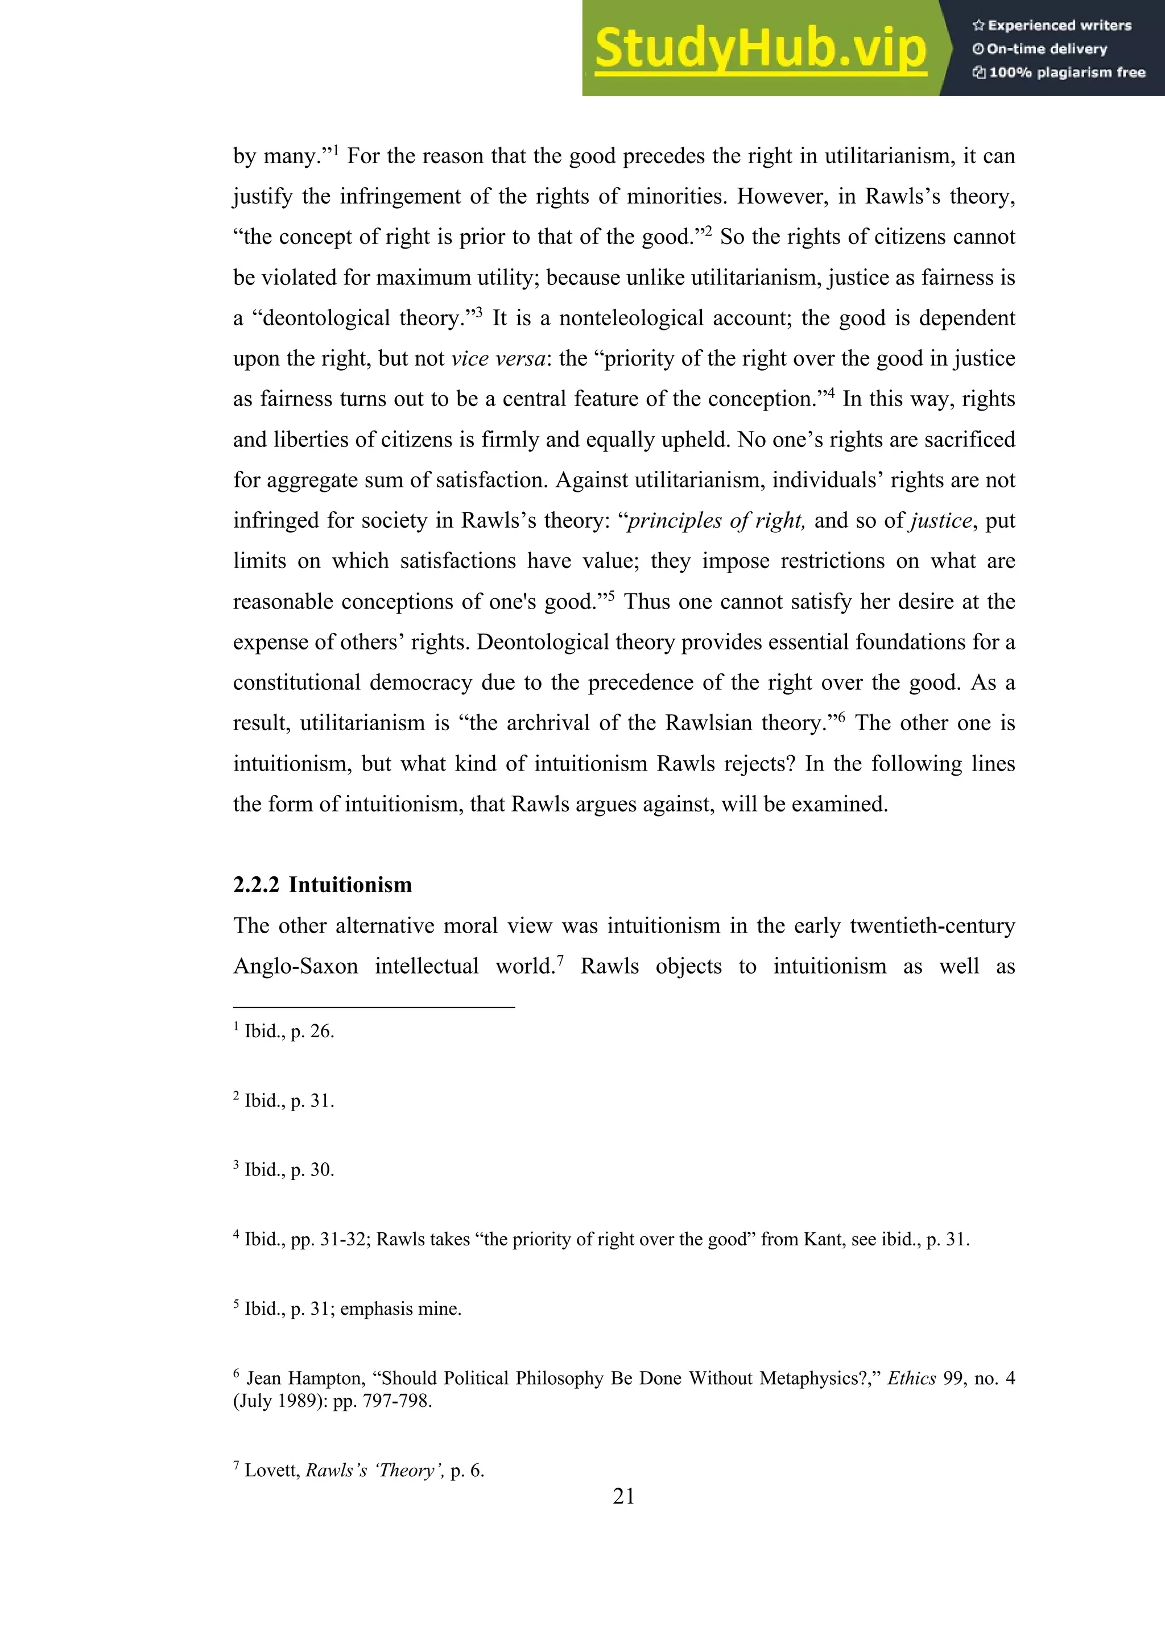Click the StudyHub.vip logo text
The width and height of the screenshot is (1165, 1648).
point(760,49)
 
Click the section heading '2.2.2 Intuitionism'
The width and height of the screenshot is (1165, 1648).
point(323,884)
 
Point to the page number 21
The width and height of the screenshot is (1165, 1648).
point(623,1496)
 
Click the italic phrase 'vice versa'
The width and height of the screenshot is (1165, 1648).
point(498,358)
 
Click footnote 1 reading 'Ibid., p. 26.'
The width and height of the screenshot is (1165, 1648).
point(288,1032)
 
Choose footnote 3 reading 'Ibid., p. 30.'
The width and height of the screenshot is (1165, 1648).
point(288,1169)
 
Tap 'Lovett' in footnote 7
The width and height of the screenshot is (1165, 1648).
point(272,1470)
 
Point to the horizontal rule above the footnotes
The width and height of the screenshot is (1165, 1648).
point(373,1007)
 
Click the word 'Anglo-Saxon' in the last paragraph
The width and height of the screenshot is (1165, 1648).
point(295,966)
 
